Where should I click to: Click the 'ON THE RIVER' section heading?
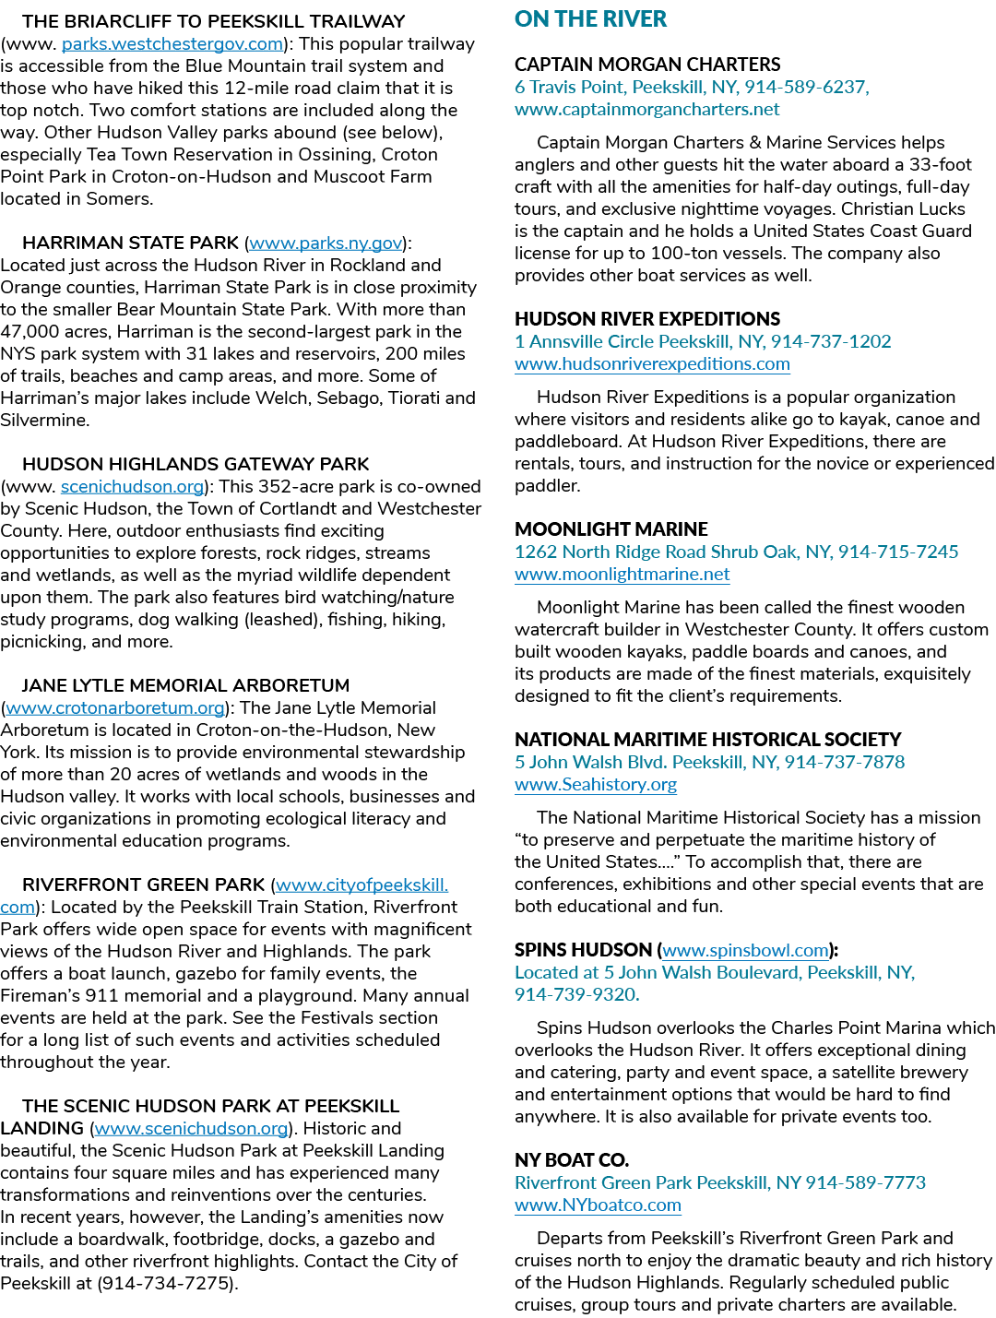[590, 19]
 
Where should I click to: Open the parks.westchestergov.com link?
[172, 44]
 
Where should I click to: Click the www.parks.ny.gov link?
[326, 243]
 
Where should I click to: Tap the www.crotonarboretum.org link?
[115, 708]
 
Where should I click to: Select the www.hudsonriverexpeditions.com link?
[652, 364]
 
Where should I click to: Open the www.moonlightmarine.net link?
[622, 574]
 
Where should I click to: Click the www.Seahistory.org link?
[596, 784]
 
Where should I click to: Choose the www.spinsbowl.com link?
[746, 951]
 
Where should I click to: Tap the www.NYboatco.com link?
[598, 1205]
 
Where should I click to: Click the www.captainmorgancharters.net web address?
[646, 109]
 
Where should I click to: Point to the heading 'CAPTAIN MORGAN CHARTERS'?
[647, 65]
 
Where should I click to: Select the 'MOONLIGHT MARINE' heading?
[611, 529]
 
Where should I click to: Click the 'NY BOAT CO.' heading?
[572, 1160]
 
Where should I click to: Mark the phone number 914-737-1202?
[831, 341]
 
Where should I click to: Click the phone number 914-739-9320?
[577, 995]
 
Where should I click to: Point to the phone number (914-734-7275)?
[168, 1283]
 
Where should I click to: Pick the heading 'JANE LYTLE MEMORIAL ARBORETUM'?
[185, 685]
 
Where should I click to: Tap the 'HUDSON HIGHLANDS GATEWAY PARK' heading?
[196, 464]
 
